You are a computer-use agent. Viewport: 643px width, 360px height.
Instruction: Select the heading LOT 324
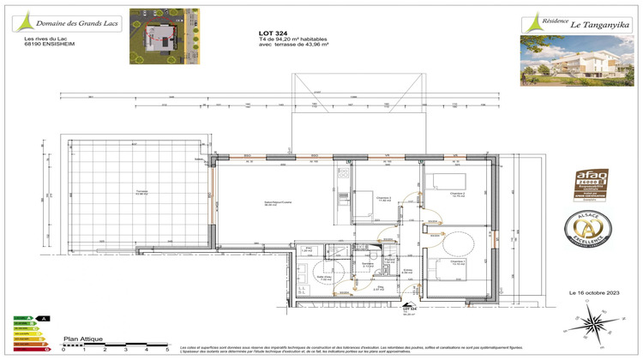tap(273, 33)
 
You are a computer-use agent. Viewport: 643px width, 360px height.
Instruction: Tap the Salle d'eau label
tap(326, 278)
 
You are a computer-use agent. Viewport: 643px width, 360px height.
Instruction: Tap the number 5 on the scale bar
tap(167, 350)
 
